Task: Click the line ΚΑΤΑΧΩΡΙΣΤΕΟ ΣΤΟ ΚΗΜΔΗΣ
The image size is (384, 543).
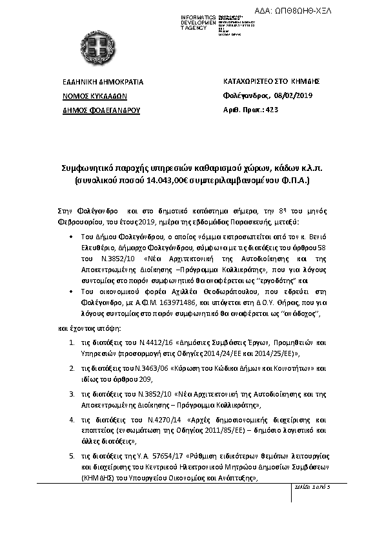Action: pos(271,82)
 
